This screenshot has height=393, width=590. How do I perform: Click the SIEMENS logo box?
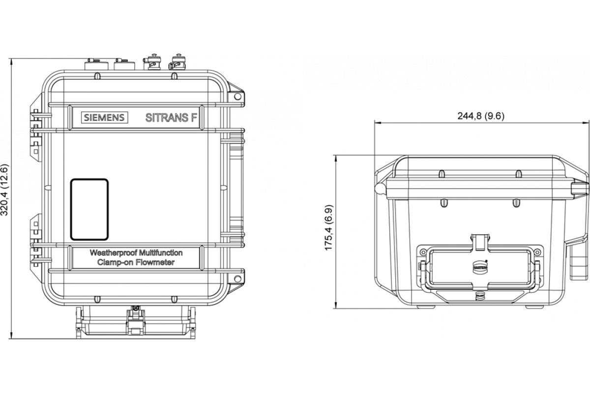pos(104,117)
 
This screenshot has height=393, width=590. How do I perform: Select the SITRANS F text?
pos(171,118)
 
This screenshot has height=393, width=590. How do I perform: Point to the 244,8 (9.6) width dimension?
pos(481,116)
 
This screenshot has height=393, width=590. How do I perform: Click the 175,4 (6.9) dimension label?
pos(329,227)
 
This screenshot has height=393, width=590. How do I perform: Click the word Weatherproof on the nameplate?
pos(113,253)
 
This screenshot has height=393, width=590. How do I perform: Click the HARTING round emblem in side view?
pos(478,267)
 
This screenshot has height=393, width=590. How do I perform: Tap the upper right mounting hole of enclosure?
pos(237,97)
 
